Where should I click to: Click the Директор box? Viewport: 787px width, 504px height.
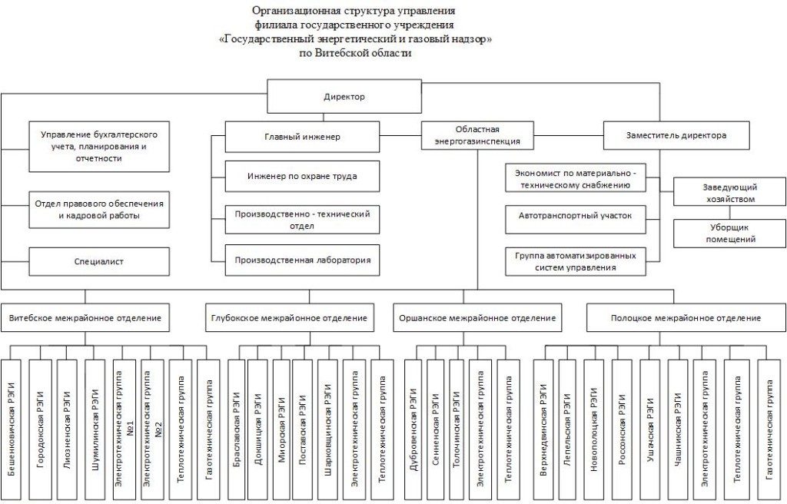(x=339, y=97)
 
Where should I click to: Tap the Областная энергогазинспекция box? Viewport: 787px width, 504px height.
(x=477, y=135)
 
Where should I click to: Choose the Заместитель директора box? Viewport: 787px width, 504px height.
(x=676, y=135)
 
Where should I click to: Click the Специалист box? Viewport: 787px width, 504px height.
(x=98, y=261)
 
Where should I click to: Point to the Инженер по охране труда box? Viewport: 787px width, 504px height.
(x=302, y=176)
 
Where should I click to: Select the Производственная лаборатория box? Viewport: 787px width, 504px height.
(x=302, y=260)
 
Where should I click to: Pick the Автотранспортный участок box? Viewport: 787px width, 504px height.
(x=575, y=217)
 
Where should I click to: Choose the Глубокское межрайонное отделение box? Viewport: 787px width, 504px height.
(x=287, y=317)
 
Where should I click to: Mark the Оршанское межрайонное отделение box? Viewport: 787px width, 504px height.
(x=477, y=317)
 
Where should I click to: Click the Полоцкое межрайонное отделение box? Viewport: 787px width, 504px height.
(x=686, y=317)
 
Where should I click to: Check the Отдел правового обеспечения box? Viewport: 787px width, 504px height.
(x=98, y=210)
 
